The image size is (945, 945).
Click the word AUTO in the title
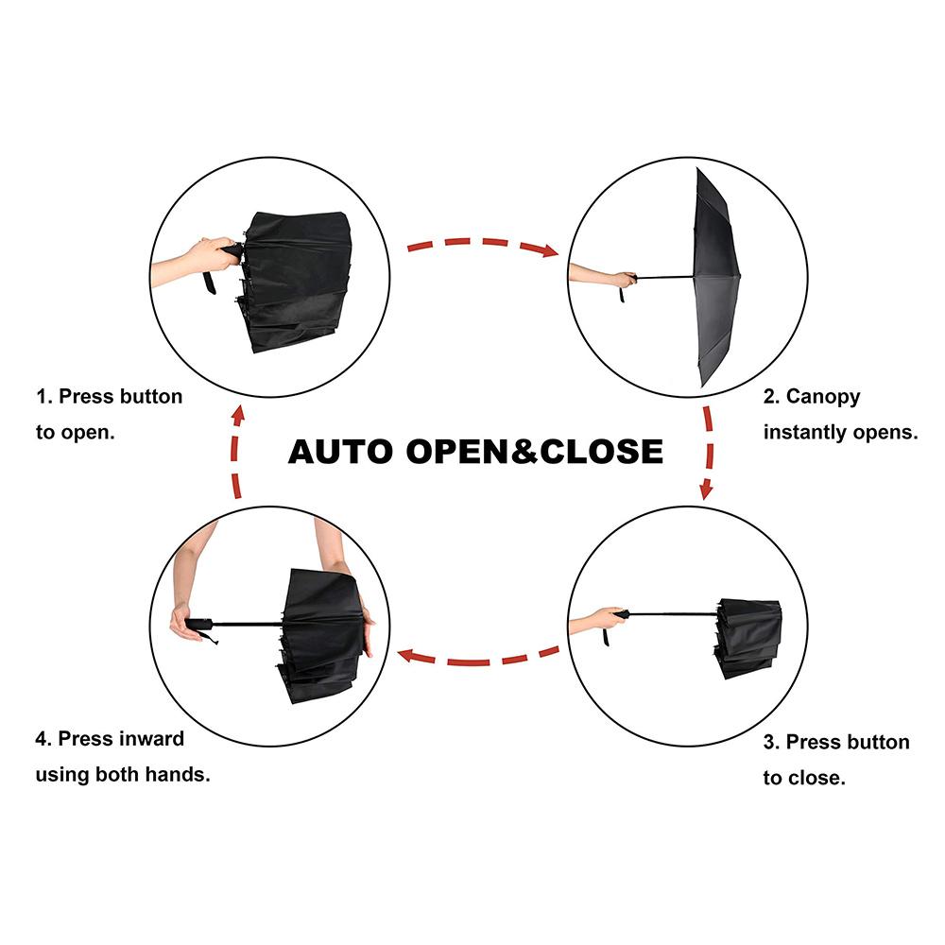[x=340, y=452]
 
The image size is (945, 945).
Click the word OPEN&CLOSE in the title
[x=535, y=452]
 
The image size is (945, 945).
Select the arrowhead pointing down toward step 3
[x=706, y=490]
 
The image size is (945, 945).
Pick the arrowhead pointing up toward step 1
[x=239, y=415]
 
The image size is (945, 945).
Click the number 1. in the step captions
[x=44, y=397]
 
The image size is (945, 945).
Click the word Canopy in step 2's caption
[x=823, y=398]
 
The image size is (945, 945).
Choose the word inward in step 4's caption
[x=151, y=739]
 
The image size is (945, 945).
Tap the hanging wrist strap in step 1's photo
[x=210, y=283]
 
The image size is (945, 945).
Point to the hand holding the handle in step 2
[x=623, y=279]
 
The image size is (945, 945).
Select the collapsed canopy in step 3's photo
[x=747, y=638]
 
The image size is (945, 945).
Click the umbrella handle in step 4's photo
[x=198, y=624]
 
